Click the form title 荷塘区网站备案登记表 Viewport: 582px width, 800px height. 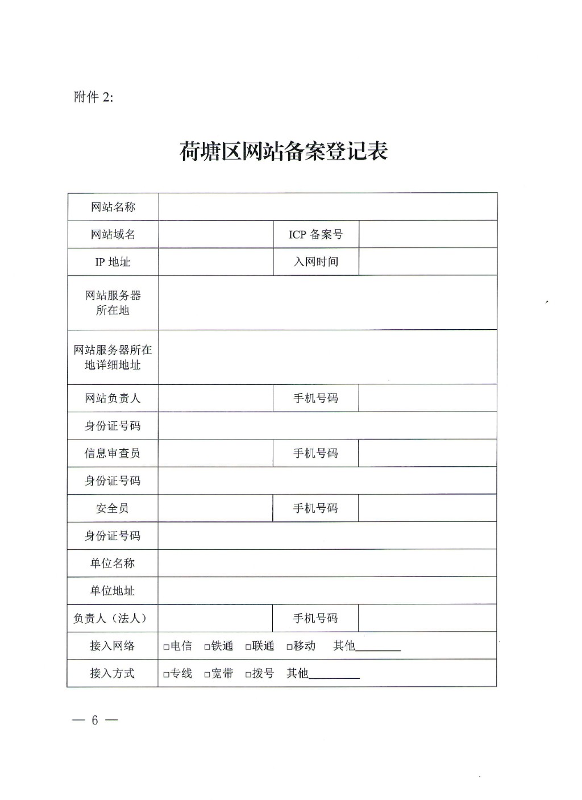tap(283, 152)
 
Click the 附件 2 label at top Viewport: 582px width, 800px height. tap(94, 97)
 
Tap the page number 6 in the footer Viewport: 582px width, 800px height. tap(95, 720)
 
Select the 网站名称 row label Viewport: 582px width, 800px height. tap(113, 207)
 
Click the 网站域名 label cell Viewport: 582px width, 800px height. tap(113, 234)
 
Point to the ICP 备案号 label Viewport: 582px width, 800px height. tap(315, 234)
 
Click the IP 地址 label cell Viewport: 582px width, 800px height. tap(113, 262)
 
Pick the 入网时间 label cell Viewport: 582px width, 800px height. tap(315, 262)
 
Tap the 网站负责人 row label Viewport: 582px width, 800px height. tap(113, 398)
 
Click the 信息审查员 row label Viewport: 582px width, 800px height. tap(113, 453)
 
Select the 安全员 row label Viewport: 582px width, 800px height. tap(113, 508)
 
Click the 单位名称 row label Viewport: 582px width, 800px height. tap(113, 563)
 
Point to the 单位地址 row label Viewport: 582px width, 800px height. tap(113, 591)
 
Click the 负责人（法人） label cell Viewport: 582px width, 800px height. tap(113, 618)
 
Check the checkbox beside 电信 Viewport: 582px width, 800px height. tap(167, 647)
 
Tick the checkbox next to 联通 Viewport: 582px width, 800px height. tap(248, 647)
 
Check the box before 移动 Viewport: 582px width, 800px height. tap(289, 647)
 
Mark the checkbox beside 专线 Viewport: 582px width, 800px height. tap(167, 675)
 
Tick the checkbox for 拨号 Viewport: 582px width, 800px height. tap(248, 675)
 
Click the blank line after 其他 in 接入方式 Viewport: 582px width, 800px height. tap(334, 675)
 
